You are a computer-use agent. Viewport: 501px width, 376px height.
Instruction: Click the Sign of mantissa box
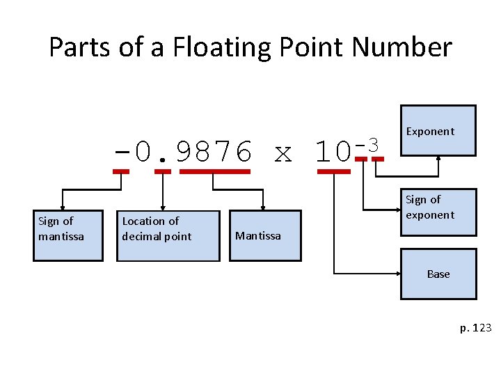point(67,235)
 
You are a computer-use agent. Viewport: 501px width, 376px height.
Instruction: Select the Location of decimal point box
point(157,235)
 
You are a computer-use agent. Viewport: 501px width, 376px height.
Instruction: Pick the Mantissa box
point(264,235)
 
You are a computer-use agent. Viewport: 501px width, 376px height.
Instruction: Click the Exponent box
point(438,130)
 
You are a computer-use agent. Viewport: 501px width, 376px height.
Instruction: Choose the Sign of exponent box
point(438,208)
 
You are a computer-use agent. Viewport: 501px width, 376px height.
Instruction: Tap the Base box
point(438,274)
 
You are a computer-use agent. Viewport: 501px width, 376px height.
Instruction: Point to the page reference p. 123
point(475,327)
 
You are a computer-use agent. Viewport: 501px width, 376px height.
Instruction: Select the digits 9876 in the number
point(214,151)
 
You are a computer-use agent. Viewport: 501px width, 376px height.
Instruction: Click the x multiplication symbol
point(283,152)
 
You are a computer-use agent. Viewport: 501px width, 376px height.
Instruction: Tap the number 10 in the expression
point(333,151)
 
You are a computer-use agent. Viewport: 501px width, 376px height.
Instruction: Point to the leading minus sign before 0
point(121,151)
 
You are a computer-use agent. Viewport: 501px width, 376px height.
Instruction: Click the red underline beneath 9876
point(214,171)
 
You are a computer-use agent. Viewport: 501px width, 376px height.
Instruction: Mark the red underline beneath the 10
point(333,171)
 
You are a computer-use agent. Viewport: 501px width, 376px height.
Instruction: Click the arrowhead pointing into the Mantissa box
point(263,207)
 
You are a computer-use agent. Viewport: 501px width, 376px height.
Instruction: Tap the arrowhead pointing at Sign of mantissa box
point(63,207)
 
